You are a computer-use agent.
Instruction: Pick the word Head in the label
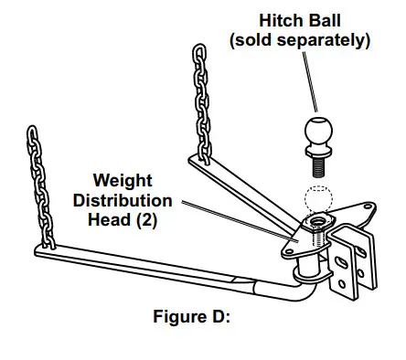112,219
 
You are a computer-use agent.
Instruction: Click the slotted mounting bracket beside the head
353,265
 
